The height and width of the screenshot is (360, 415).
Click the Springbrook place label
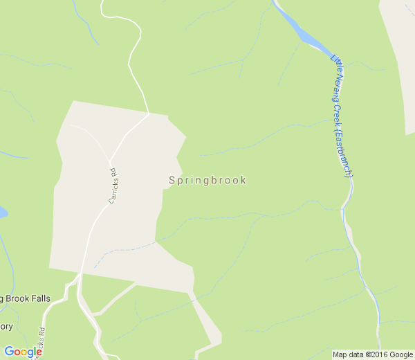pyautogui.click(x=207, y=180)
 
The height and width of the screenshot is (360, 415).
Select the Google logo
pyautogui.click(x=23, y=352)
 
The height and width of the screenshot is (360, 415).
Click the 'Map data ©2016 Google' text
pyautogui.click(x=372, y=354)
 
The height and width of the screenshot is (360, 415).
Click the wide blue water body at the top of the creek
pyautogui.click(x=304, y=35)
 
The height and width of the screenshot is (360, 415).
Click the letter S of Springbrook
pyautogui.click(x=172, y=180)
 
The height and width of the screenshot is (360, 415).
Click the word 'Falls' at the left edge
pyautogui.click(x=39, y=298)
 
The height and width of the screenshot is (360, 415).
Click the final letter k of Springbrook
pyautogui.click(x=243, y=180)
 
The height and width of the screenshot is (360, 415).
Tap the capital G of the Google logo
pyautogui.click(x=9, y=351)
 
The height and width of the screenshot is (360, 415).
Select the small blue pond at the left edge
pyautogui.click(x=2, y=212)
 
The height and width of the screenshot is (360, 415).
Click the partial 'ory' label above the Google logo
pyautogui.click(x=6, y=326)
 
